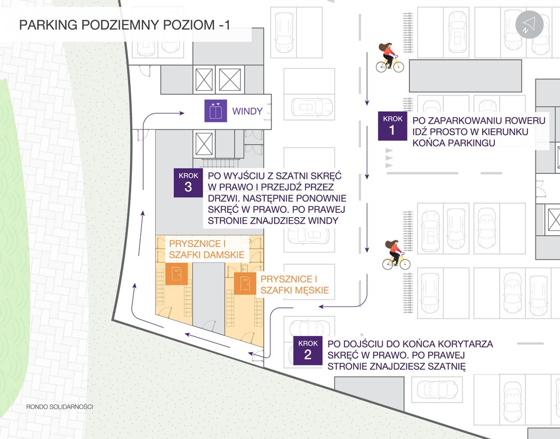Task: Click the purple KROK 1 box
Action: point(393,126)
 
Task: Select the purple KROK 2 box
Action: point(308,350)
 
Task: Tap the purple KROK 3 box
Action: point(188,183)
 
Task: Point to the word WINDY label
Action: point(247,111)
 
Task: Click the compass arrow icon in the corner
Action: point(529,25)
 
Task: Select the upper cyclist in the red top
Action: point(390,58)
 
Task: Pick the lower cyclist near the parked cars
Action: point(396,255)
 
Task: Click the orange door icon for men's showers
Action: point(244,284)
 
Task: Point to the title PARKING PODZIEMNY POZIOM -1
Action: point(124,25)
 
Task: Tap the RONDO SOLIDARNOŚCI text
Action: point(60,406)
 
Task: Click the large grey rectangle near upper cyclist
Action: point(465,76)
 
